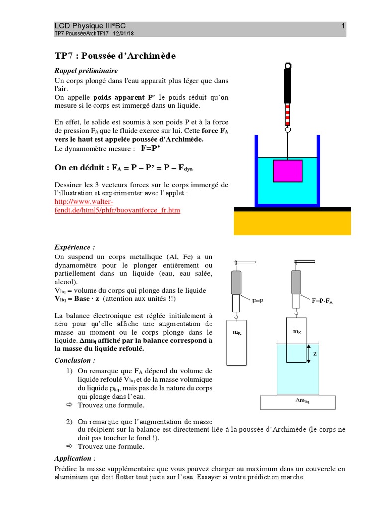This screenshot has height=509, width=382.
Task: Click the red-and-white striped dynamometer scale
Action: [287, 113]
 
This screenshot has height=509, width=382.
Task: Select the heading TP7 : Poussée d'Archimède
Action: [115, 55]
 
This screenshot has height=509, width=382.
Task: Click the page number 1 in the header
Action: [343, 26]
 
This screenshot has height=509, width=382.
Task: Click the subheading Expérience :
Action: [74, 247]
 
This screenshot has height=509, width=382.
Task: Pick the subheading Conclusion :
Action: [75, 360]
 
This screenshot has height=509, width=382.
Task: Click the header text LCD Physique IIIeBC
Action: [90, 26]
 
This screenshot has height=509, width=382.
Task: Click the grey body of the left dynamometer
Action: [237, 283]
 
